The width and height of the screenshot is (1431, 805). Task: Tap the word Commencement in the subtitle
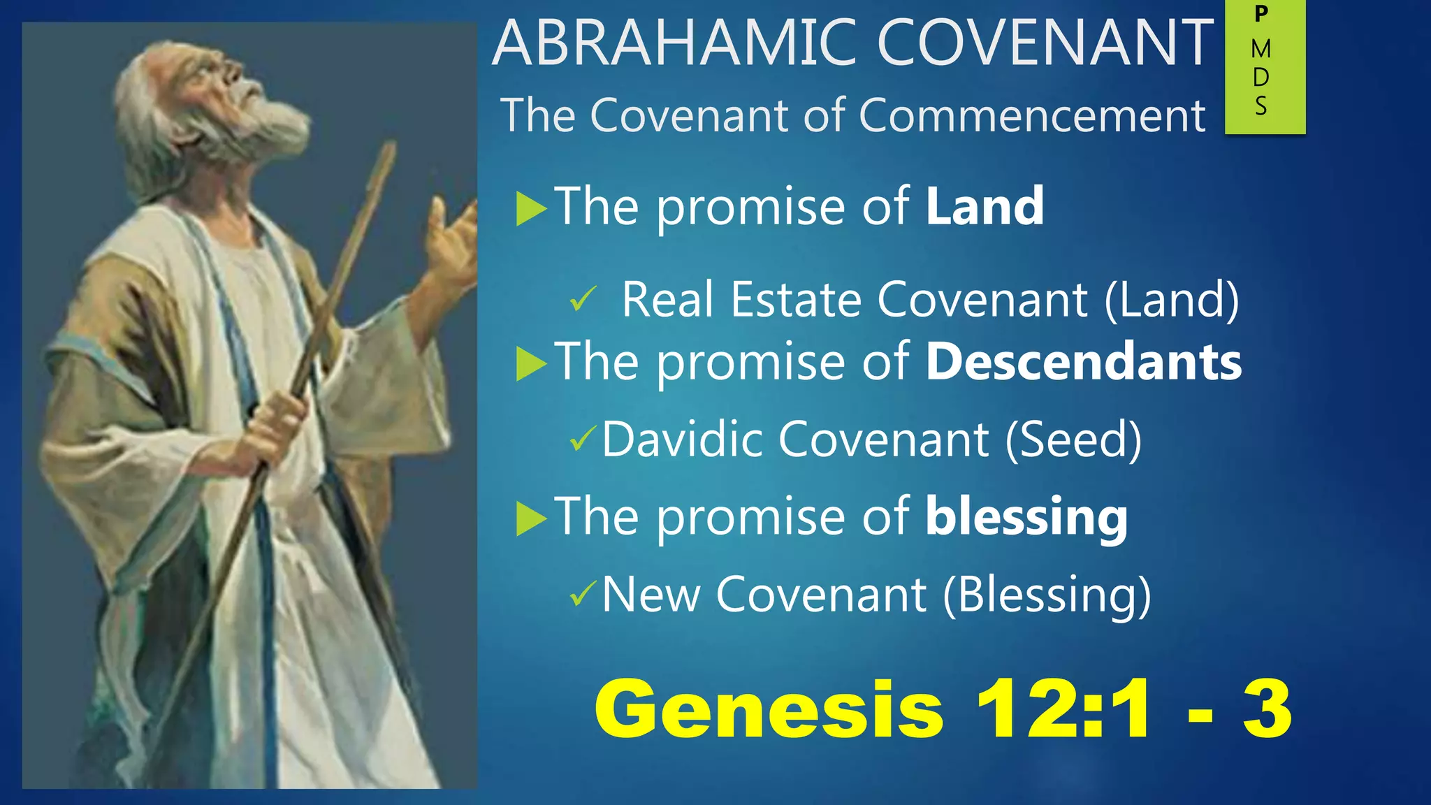click(1032, 115)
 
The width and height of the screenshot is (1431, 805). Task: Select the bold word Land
click(985, 207)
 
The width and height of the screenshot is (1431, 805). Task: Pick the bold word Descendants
click(1084, 362)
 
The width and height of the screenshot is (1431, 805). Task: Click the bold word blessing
click(1026, 517)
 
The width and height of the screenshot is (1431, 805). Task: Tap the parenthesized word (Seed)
click(1073, 440)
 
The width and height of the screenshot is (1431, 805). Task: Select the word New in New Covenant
click(651, 595)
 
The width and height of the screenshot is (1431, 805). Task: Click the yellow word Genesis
click(769, 709)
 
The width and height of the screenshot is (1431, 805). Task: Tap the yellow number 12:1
click(1062, 709)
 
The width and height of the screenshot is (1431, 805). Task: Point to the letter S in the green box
click(1261, 106)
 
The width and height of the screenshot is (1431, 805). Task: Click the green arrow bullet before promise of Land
click(530, 209)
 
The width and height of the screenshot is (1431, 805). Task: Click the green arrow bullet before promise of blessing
click(530, 519)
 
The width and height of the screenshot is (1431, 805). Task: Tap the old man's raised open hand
click(451, 238)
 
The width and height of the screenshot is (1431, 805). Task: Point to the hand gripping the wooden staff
click(276, 426)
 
